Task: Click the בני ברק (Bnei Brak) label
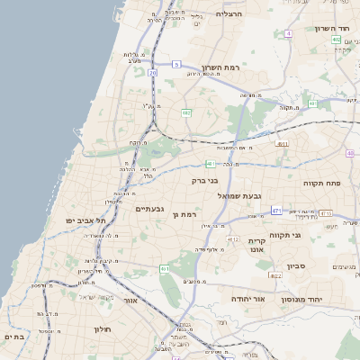pyautogui.click(x=205, y=180)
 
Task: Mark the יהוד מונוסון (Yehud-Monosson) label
pyautogui.click(x=301, y=299)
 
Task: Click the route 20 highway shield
pyautogui.click(x=153, y=72)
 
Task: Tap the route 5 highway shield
pyautogui.click(x=177, y=64)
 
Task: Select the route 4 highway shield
pyautogui.click(x=288, y=33)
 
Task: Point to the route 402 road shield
pyautogui.click(x=336, y=40)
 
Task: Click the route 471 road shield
pyautogui.click(x=276, y=211)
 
